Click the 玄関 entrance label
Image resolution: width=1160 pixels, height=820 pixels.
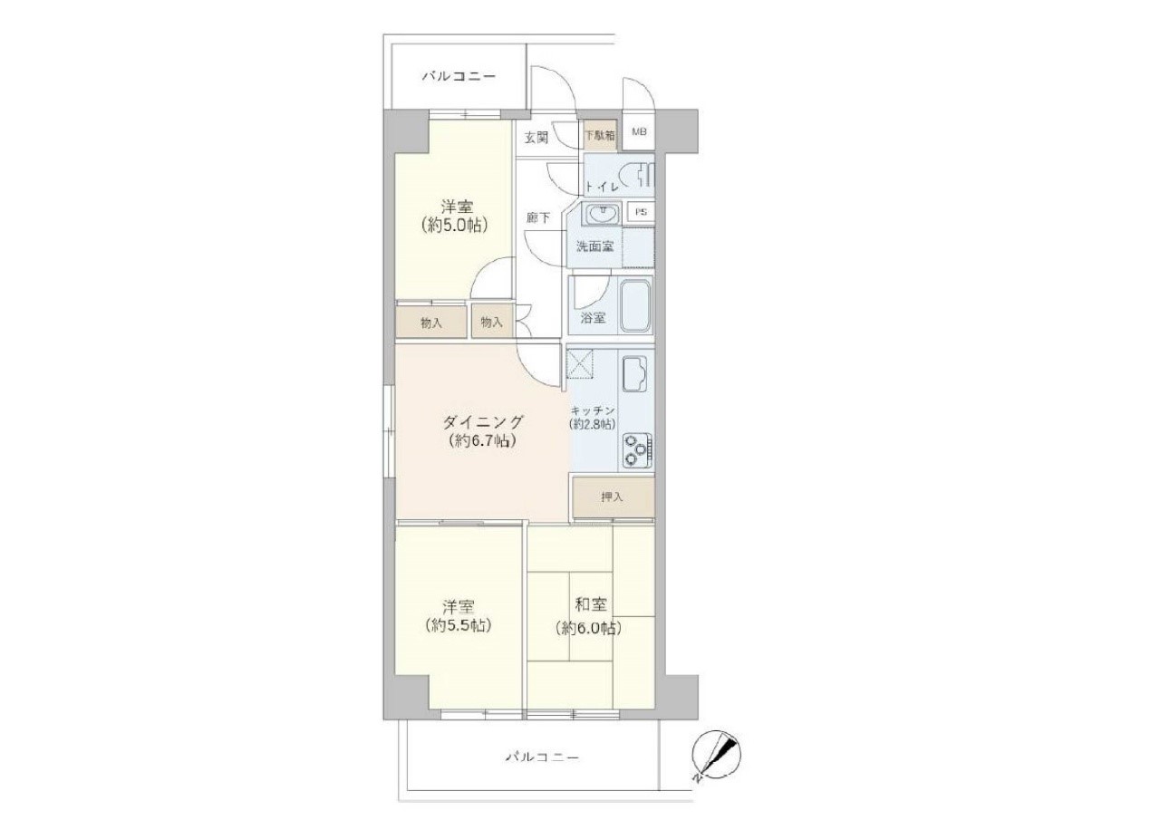tap(536, 139)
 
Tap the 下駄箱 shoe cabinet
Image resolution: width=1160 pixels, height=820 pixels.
tap(600, 136)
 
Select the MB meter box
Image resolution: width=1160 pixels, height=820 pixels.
tap(639, 132)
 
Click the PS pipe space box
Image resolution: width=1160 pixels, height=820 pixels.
tap(641, 212)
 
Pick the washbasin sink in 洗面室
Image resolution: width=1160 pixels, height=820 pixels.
tap(601, 214)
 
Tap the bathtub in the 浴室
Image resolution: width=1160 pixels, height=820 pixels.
tap(636, 306)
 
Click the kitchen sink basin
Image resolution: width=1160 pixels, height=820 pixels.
tap(633, 374)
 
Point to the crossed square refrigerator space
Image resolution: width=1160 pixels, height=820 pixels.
tap(581, 364)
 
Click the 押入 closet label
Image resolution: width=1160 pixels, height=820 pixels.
tap(612, 497)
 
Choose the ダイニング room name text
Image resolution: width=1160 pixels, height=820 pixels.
tap(483, 422)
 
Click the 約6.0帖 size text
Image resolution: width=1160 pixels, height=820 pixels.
tap(588, 629)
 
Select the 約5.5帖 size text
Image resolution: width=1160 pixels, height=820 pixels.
tap(459, 626)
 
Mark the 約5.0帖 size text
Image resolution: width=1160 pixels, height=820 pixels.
tap(455, 226)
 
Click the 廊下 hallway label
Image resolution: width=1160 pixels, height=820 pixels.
tap(538, 218)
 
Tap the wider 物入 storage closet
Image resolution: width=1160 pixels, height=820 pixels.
tap(431, 322)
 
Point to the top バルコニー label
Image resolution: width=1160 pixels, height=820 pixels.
tap(459, 77)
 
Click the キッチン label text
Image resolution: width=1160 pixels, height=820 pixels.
tap(593, 410)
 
